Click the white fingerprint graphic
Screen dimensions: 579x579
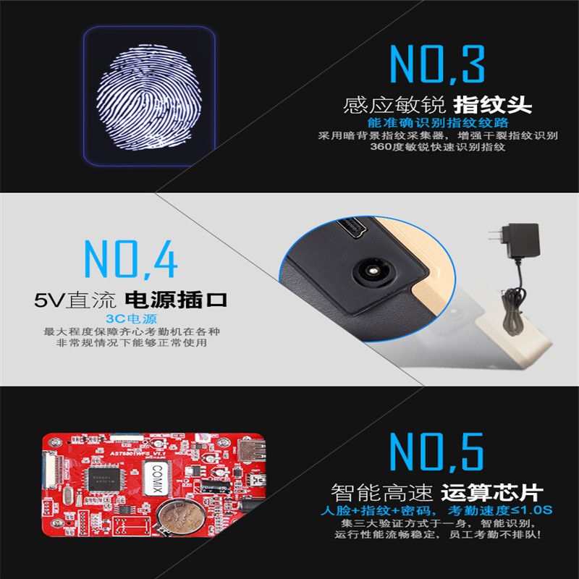point(149,97)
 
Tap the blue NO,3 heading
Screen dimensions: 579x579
point(437,64)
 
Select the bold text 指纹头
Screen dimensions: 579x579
point(493,105)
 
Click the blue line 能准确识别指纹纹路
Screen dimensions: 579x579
point(438,122)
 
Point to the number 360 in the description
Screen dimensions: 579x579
point(381,147)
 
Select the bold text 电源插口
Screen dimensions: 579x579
point(176,300)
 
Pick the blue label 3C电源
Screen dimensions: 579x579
point(132,318)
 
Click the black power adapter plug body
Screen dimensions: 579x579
point(523,241)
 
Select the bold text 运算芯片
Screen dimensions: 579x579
point(492,492)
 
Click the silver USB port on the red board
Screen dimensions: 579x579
point(251,451)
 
